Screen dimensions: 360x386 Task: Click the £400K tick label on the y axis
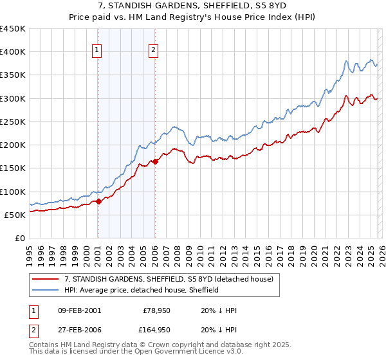(x=13, y=52)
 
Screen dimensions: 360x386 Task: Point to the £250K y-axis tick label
(x=13, y=122)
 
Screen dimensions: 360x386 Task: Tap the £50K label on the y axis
(x=15, y=215)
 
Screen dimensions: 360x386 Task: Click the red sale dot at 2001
(x=98, y=202)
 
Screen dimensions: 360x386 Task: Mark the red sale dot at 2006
(x=156, y=161)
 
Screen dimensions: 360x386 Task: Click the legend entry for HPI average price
(x=142, y=290)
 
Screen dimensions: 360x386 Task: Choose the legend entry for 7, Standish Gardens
(x=169, y=279)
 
